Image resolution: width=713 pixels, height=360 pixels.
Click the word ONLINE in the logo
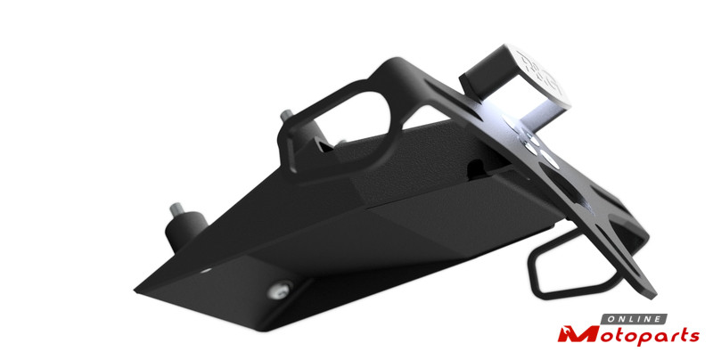coord(634,319)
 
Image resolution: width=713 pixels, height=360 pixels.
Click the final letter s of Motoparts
coord(693,336)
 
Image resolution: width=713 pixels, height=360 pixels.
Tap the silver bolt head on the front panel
coord(279,290)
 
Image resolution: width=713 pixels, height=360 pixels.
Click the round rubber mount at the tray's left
coord(185,230)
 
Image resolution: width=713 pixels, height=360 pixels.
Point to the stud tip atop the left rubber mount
coord(176,209)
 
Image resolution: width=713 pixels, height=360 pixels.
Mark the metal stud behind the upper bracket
coord(286,116)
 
